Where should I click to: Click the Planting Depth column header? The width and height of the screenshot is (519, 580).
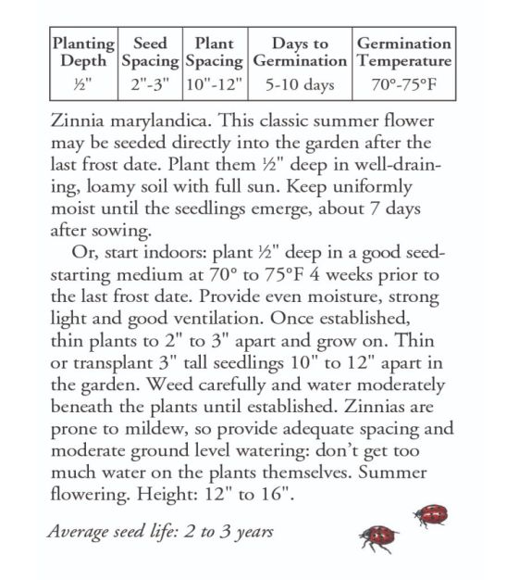tap(83, 53)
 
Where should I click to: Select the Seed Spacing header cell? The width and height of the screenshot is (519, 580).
tap(150, 53)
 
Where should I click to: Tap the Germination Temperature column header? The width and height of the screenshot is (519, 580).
tap(404, 53)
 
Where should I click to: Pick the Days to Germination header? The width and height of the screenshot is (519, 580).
tap(300, 53)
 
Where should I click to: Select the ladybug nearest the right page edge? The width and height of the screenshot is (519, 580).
tap(432, 515)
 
